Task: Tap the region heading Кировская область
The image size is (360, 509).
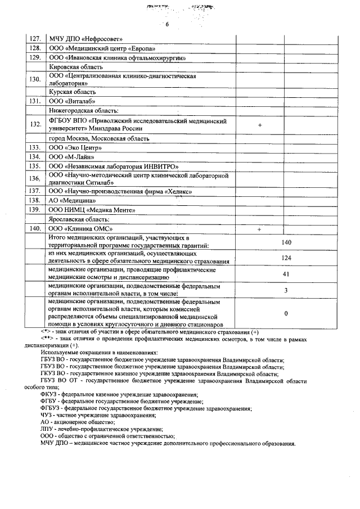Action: [x=75, y=67]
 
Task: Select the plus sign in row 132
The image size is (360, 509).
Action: [x=260, y=125]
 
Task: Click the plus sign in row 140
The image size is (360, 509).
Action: [x=260, y=229]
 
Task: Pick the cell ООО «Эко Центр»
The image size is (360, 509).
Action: [x=76, y=147]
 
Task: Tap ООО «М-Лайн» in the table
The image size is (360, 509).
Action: [x=72, y=157]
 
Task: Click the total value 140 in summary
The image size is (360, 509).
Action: [x=286, y=242]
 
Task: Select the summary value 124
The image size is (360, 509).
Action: [x=286, y=258]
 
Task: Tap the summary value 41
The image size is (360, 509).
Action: [x=286, y=274]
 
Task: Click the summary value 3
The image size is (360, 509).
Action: [x=286, y=290]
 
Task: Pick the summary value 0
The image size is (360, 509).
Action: [x=286, y=313]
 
